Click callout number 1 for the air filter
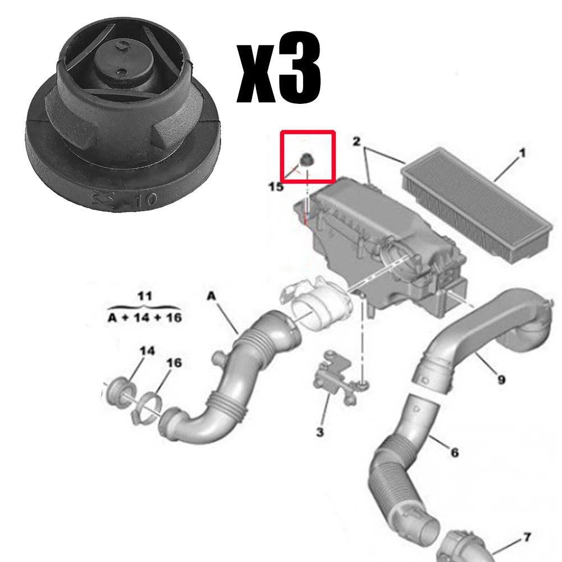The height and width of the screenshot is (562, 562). pos(522,153)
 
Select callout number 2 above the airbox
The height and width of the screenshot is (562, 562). pos(356,141)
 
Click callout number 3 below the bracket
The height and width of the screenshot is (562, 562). pos(319,432)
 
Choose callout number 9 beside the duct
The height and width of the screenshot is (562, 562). pos(501,380)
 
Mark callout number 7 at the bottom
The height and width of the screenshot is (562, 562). pos(526,538)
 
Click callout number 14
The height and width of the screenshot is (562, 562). pos(147,351)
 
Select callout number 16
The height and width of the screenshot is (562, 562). pos(174,363)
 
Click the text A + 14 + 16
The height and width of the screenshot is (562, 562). pos(144,317)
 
